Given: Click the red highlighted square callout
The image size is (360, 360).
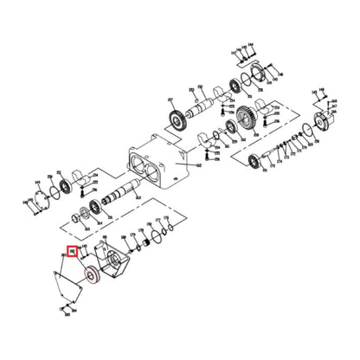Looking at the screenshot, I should click(x=73, y=254).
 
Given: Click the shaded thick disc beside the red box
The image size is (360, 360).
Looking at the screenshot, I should click(x=87, y=277).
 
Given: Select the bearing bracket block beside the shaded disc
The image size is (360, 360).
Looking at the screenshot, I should click(x=111, y=263).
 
